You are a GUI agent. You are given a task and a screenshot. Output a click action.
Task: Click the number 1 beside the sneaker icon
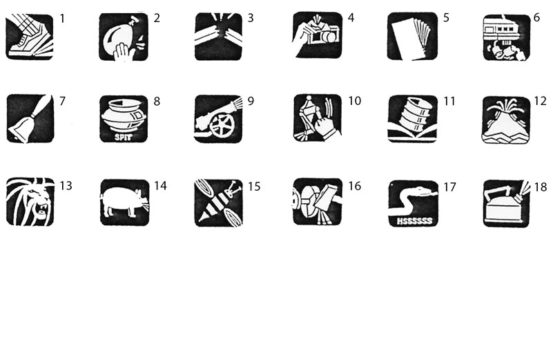[62, 19]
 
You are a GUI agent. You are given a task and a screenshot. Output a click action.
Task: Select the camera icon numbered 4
[317, 35]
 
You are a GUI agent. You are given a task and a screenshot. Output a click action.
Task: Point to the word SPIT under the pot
[123, 137]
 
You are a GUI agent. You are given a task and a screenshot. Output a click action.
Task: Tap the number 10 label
[354, 101]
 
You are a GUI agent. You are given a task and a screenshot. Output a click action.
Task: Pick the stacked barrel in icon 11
[413, 115]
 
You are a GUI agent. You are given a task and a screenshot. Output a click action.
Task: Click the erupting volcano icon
[506, 120]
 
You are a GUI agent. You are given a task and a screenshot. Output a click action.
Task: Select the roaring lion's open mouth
[42, 209]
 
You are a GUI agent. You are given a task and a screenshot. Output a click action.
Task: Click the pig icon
[124, 202]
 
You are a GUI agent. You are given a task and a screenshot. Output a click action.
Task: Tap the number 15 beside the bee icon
[254, 187]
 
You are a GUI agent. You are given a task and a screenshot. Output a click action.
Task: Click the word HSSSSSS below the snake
[414, 221]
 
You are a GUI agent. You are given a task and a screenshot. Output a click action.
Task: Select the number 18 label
[541, 187]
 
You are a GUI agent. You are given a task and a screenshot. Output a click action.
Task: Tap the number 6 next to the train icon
[536, 18]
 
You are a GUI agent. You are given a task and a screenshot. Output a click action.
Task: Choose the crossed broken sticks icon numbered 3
[218, 37]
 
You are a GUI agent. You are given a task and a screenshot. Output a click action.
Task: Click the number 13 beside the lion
[66, 186]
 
